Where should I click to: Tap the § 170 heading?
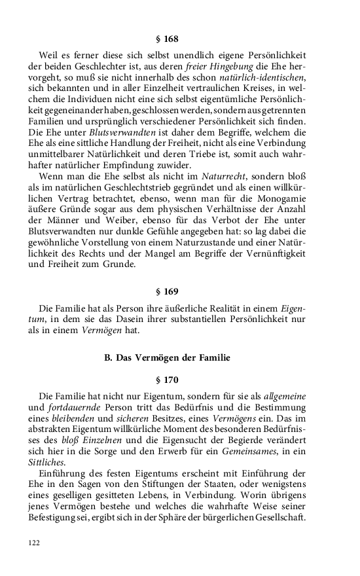(x=180, y=379)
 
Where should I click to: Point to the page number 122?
(x=35, y=542)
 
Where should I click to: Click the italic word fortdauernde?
(x=75, y=408)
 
